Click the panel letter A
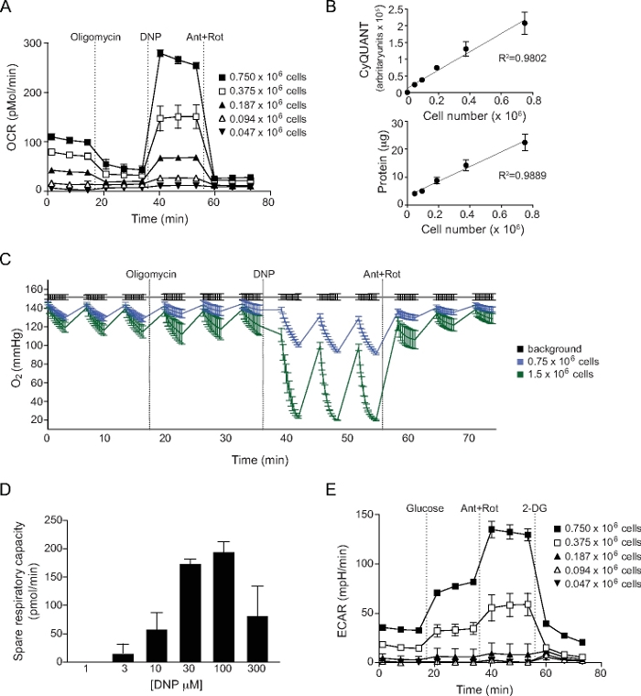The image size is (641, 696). click(7, 8)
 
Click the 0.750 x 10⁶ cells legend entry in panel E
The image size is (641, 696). click(595, 530)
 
